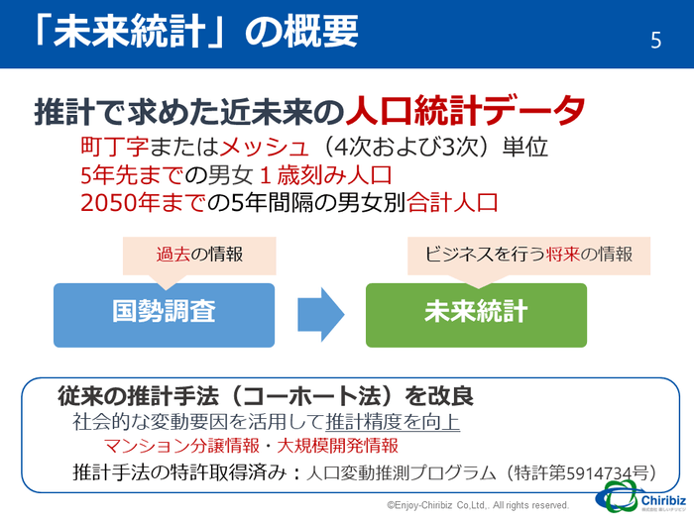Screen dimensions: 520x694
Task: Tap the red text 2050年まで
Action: [141, 203]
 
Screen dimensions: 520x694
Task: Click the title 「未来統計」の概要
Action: [194, 32]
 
